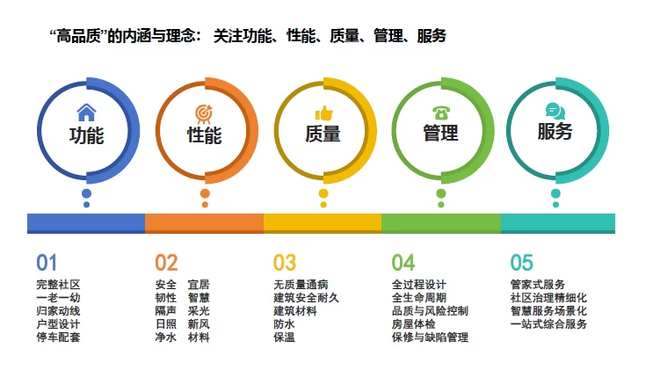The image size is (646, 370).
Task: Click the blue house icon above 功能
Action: pyautogui.click(x=86, y=112)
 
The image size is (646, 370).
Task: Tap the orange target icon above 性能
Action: pyautogui.click(x=204, y=114)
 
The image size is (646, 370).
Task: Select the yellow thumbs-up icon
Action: pyautogui.click(x=323, y=113)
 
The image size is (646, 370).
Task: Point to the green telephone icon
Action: pyautogui.click(x=441, y=112)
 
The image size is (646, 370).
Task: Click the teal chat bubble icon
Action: pyautogui.click(x=555, y=112)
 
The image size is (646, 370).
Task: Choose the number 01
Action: pyautogui.click(x=47, y=263)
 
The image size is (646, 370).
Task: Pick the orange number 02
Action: pyautogui.click(x=166, y=263)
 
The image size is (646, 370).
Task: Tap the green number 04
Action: pyautogui.click(x=403, y=263)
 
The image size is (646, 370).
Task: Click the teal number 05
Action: pyautogui.click(x=521, y=263)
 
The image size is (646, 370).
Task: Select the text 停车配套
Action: pyautogui.click(x=58, y=337)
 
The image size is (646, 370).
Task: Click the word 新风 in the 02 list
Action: pyautogui.click(x=199, y=323)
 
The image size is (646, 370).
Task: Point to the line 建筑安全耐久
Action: pyautogui.click(x=306, y=297)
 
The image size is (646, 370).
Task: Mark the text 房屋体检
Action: pyautogui.click(x=414, y=323)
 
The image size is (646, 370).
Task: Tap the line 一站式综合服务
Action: pyautogui.click(x=548, y=323)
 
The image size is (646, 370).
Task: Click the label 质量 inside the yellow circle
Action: pyautogui.click(x=323, y=134)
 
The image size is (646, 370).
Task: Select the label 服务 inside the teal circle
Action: pyautogui.click(x=555, y=132)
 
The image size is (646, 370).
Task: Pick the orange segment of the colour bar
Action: pyautogui.click(x=204, y=223)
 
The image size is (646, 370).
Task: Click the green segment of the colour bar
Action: pyautogui.click(x=441, y=223)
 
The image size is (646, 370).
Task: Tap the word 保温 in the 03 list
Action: pyautogui.click(x=284, y=337)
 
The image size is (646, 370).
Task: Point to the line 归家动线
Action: pyautogui.click(x=58, y=310)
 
